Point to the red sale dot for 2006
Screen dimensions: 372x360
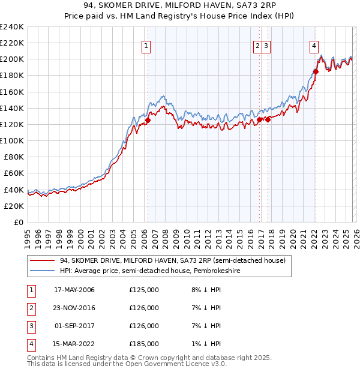click(x=148, y=120)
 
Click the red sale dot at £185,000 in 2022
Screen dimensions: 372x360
click(x=315, y=71)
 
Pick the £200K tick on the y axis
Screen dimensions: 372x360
click(x=12, y=59)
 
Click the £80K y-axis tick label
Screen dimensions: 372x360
click(x=13, y=157)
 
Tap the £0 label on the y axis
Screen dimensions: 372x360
click(x=18, y=222)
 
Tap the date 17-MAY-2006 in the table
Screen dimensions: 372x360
click(x=74, y=290)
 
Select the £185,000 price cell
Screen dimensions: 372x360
click(x=144, y=344)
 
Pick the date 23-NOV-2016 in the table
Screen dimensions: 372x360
click(x=74, y=308)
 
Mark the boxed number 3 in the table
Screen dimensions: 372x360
click(x=30, y=326)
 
